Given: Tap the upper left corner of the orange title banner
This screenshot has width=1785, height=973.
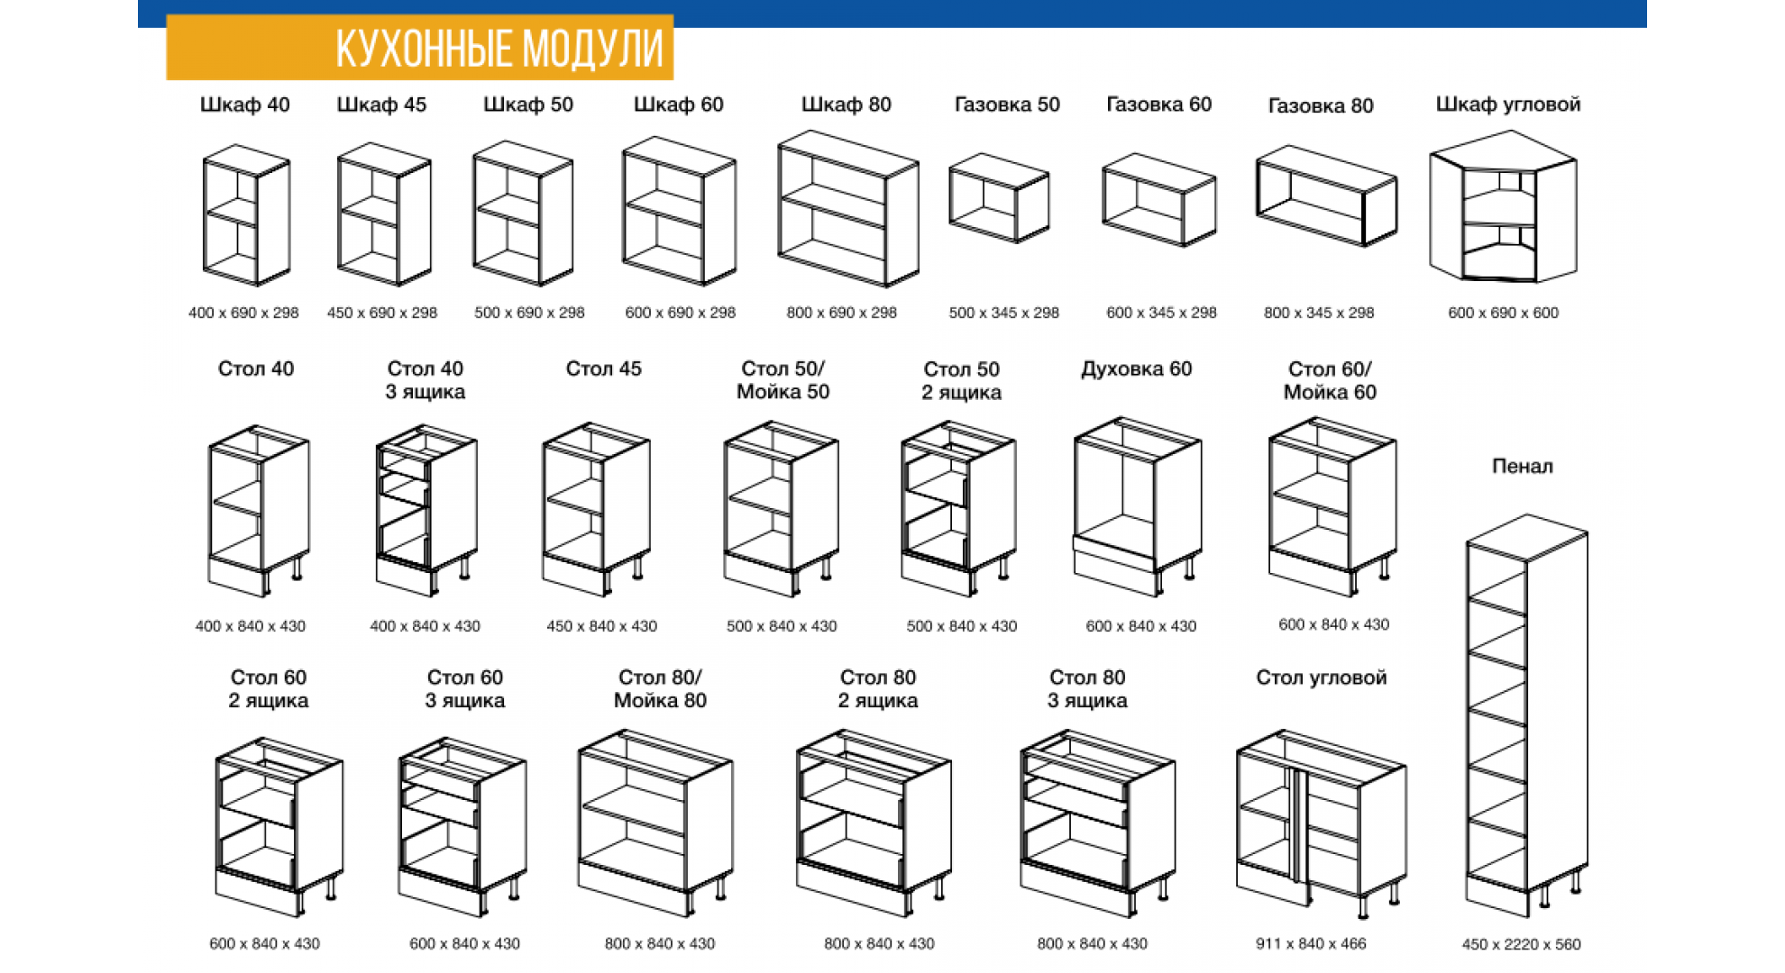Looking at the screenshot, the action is (x=167, y=15).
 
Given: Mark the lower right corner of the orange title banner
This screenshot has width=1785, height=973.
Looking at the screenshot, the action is (x=673, y=80).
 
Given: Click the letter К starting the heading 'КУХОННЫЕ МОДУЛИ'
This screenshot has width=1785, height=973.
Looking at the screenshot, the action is (x=346, y=49).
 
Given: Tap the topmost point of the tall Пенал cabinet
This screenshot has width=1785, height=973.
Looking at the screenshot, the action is (x=1526, y=514).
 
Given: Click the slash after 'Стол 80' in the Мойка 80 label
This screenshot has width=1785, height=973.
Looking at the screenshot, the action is (x=698, y=677).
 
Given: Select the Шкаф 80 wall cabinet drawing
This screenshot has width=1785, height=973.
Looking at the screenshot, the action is (x=847, y=209).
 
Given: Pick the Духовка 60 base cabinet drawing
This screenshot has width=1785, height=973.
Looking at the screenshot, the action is (x=1138, y=506).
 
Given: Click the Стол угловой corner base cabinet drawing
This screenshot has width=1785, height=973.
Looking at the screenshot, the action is (x=1321, y=823).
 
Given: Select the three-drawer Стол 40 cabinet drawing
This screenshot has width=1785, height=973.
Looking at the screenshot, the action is (x=426, y=511).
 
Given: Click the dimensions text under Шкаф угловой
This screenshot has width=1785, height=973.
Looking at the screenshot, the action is (x=1503, y=313).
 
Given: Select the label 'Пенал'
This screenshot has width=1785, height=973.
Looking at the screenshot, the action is (x=1523, y=467).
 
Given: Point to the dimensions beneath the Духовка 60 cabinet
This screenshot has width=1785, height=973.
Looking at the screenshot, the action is (x=1141, y=626).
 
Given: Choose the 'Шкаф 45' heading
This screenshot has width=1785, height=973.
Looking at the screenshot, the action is (x=381, y=105).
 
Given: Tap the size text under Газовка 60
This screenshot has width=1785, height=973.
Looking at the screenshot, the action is (x=1161, y=313).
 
